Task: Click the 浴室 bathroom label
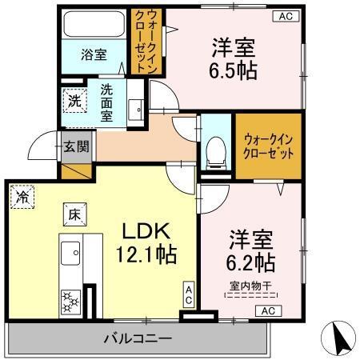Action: [94, 55]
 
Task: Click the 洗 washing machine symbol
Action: [74, 101]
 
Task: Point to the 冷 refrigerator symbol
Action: [22, 197]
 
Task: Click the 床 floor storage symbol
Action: [71, 214]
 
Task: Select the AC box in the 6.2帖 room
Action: [267, 310]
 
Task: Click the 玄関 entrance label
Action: [77, 147]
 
